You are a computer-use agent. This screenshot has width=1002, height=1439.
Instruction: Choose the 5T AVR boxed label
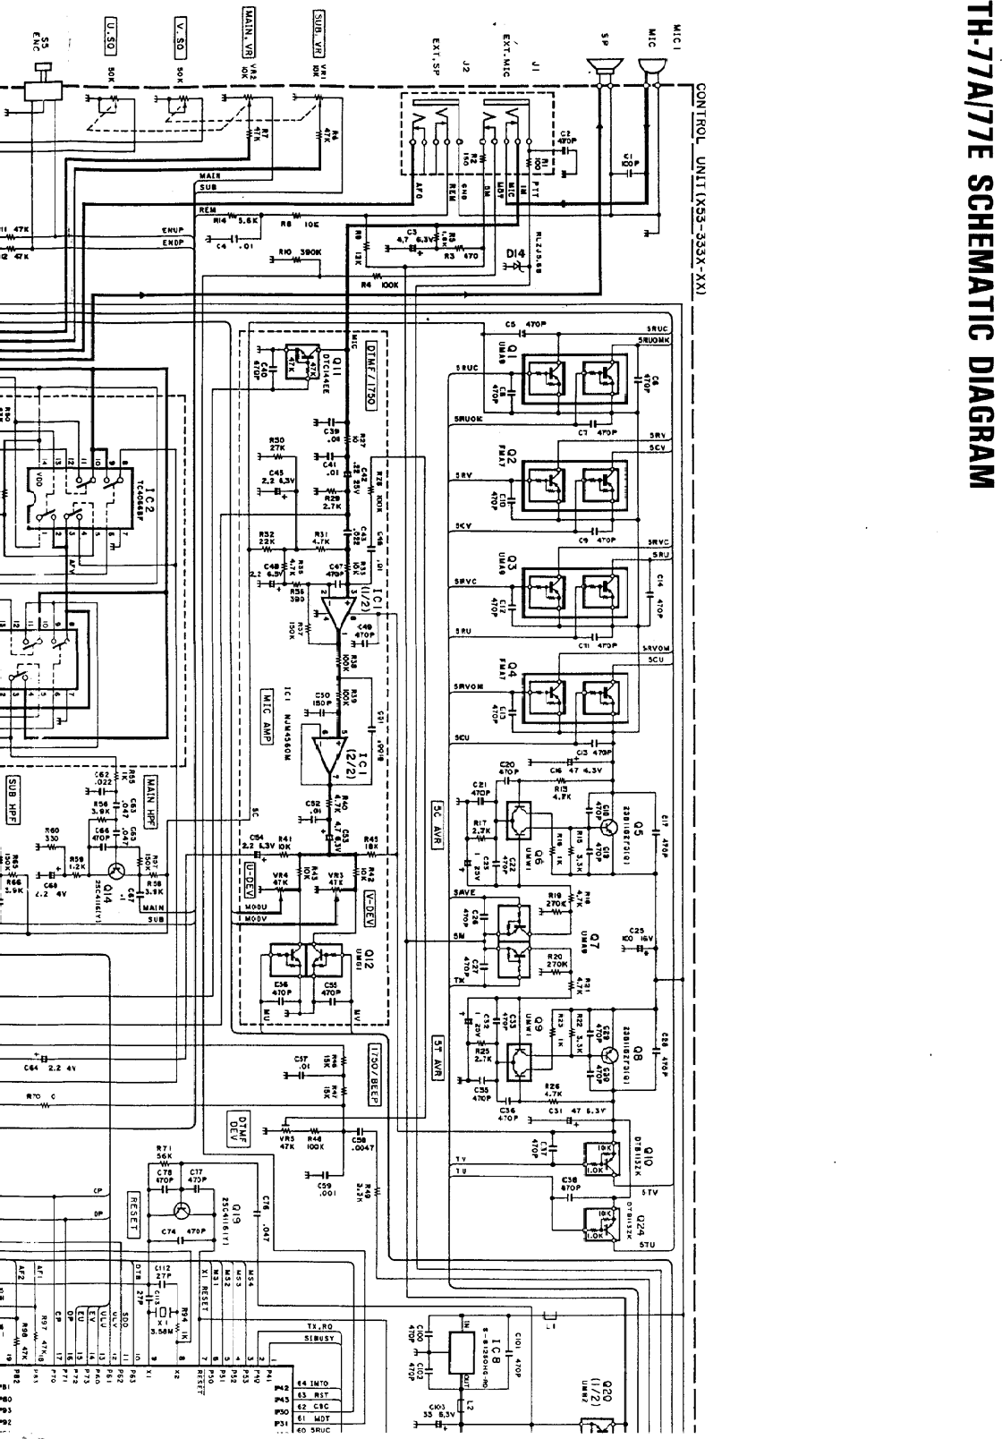pos(437,1061)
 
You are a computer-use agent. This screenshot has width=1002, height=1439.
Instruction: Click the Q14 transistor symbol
pos(115,873)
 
